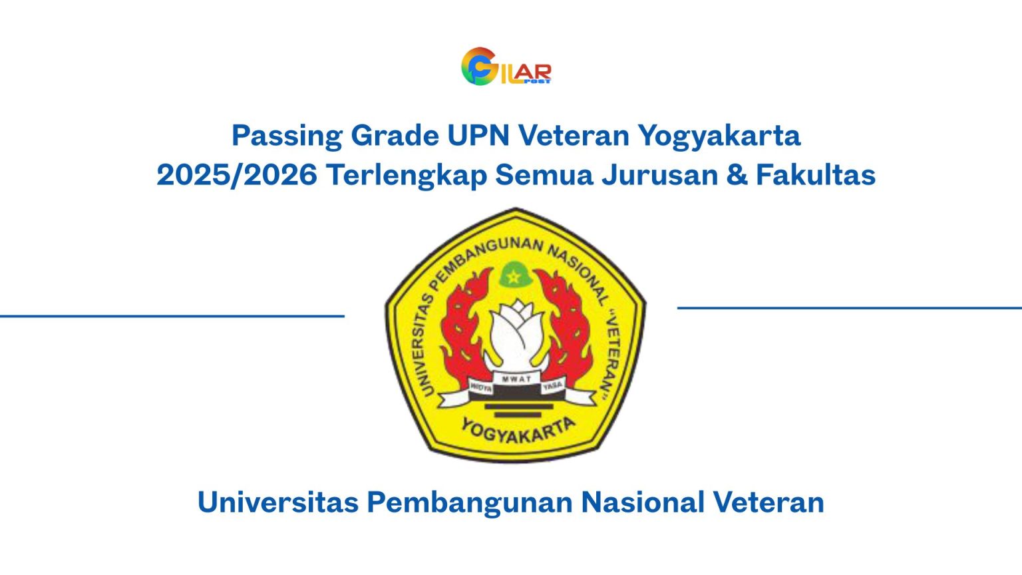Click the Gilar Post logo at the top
506,67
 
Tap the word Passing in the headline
287,136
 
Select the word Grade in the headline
395,136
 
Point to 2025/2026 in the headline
236,175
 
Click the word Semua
544,175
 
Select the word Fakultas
816,175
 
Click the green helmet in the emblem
514,275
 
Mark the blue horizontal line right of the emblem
849,307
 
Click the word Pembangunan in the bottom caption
470,502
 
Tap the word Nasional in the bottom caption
643,502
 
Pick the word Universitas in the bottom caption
277,502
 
